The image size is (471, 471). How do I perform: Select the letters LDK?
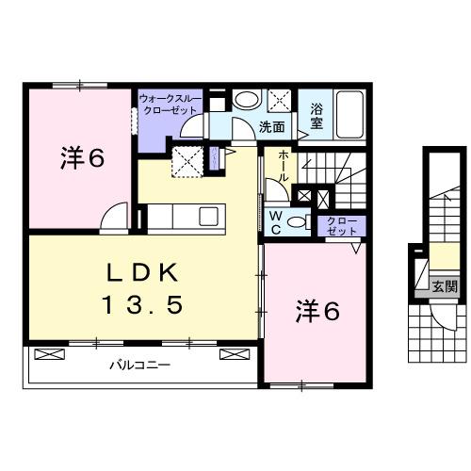click(x=140, y=273)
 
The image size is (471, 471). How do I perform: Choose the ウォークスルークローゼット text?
click(x=170, y=104)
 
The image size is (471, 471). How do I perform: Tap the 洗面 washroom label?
click(x=272, y=126)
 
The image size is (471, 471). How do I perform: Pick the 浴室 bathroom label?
click(x=316, y=116)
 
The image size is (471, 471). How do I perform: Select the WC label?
click(x=277, y=220)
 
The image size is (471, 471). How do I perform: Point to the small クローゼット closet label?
click(x=341, y=226)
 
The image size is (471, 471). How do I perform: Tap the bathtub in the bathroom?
click(x=350, y=115)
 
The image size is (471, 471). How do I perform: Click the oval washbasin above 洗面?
click(x=247, y=100)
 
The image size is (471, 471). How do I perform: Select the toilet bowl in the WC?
click(x=297, y=221)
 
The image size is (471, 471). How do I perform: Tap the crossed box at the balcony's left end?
click(x=47, y=354)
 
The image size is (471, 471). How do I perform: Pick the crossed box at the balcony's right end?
click(x=232, y=354)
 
